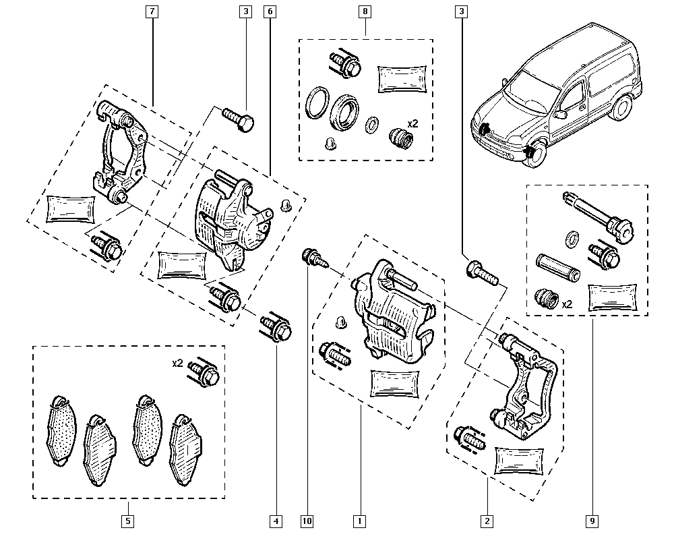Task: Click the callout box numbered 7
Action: [x=153, y=11]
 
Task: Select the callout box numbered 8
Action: [x=365, y=11]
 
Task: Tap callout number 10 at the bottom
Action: [x=307, y=521]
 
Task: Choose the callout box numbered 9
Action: [x=593, y=521]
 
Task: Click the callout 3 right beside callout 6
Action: [x=245, y=11]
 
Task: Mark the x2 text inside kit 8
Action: [x=412, y=124]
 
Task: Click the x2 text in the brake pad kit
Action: [x=177, y=363]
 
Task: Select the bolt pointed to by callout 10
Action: [x=313, y=257]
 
